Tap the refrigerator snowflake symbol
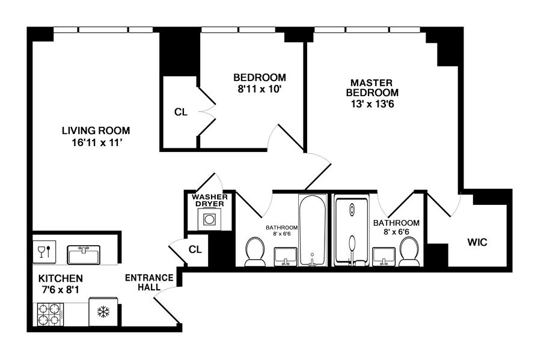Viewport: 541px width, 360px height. click(x=103, y=312)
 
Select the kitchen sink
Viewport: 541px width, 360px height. click(x=84, y=255)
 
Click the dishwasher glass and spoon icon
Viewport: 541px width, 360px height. click(x=44, y=251)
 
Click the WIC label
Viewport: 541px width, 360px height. click(x=477, y=242)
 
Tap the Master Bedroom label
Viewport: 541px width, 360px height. click(x=372, y=88)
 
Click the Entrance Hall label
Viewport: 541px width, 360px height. click(x=149, y=282)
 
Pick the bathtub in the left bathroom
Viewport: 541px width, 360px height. click(x=312, y=230)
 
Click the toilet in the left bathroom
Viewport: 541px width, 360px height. click(x=255, y=252)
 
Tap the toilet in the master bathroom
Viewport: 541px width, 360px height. click(x=409, y=252)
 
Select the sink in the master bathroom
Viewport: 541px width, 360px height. click(x=384, y=257)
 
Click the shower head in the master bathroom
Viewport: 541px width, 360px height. click(x=352, y=210)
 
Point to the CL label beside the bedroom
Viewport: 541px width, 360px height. click(x=181, y=112)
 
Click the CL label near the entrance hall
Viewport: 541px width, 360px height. click(x=195, y=249)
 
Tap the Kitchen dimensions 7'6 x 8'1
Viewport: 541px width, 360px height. click(x=60, y=290)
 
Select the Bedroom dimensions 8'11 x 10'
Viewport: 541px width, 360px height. click(x=260, y=89)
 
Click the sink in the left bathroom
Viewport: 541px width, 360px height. click(x=286, y=257)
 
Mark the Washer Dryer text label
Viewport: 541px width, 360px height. click(x=210, y=200)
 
